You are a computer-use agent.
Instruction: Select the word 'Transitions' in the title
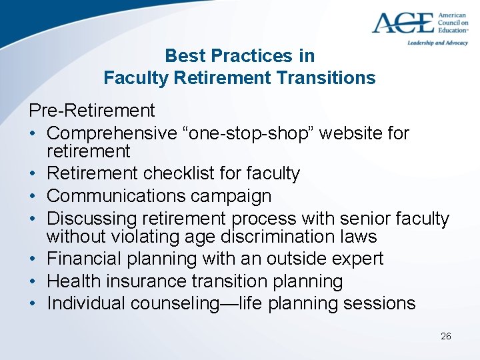[x=326, y=78]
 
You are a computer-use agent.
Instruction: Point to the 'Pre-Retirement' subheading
[x=91, y=110]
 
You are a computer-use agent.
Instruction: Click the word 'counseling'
[x=177, y=304]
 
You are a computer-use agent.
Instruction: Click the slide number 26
[x=446, y=336]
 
